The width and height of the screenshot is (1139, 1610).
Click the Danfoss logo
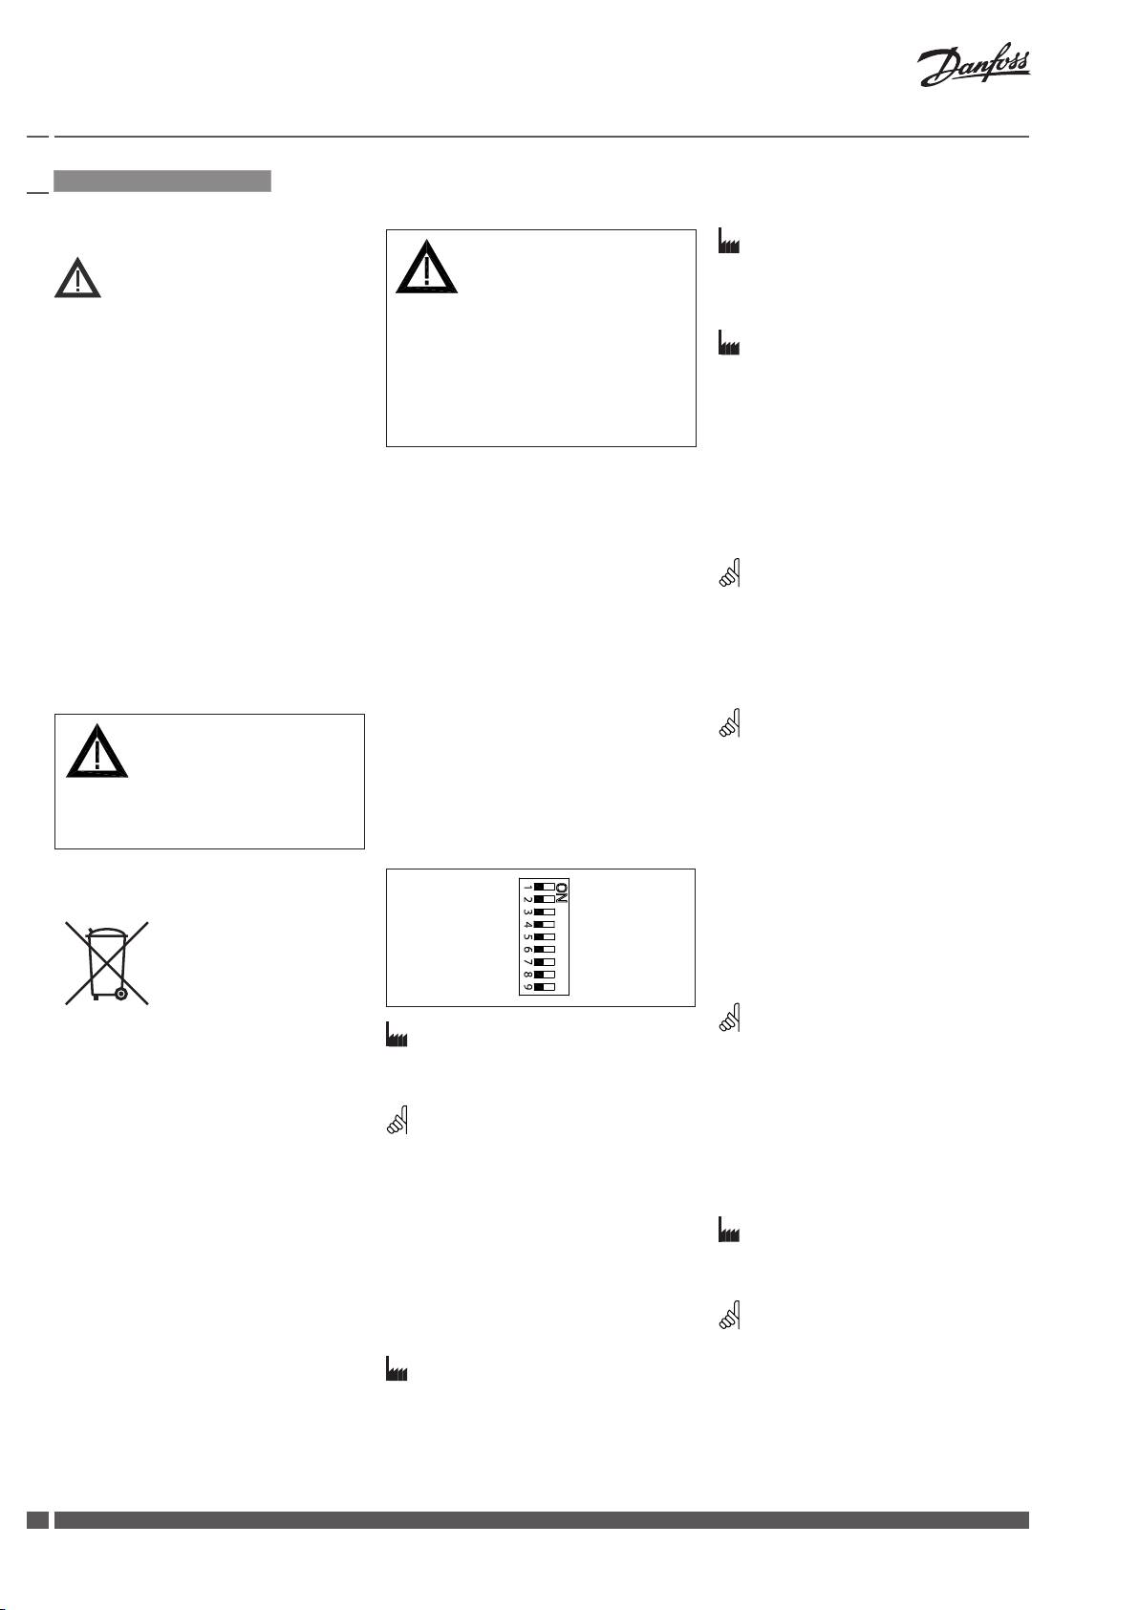(974, 68)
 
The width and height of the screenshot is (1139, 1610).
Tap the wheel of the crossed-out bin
(120, 994)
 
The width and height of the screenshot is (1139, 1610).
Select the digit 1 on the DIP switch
(527, 887)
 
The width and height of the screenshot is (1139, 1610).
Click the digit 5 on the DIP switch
(527, 937)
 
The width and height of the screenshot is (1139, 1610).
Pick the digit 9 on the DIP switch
(527, 986)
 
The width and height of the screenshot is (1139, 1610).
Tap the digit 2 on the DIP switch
(527, 899)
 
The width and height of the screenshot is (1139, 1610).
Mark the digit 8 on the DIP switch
(527, 974)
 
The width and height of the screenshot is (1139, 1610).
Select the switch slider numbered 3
(545, 912)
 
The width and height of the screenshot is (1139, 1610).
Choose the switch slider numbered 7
(545, 961)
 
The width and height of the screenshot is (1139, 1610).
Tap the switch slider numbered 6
(545, 949)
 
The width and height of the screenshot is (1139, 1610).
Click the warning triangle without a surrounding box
(77, 278)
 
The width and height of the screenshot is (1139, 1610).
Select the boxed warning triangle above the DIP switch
(426, 268)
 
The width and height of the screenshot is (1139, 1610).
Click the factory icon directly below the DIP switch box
(396, 1036)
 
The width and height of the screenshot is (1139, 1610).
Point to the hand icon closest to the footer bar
(728, 1317)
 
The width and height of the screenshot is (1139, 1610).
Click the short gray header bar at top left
(162, 181)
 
